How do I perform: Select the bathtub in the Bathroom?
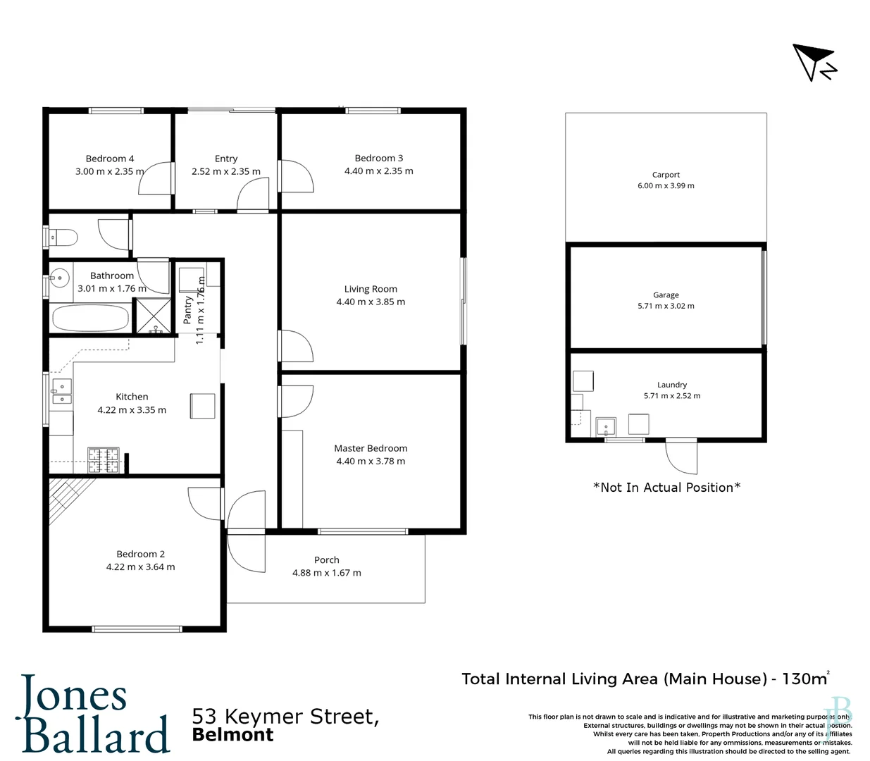coord(89,318)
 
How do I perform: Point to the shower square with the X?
coord(152,316)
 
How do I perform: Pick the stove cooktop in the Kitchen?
coord(103,460)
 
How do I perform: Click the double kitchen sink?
coord(62,392)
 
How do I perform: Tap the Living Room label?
coord(371,289)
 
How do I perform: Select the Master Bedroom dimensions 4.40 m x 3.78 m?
coord(371,462)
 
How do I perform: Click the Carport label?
coord(666,175)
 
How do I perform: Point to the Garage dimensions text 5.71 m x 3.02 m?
coord(666,306)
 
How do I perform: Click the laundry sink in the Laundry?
coord(606,426)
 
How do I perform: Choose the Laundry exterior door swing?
coord(681,458)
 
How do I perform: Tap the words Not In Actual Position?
coord(666,488)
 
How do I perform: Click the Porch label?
coord(326,560)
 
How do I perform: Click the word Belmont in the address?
coord(232,735)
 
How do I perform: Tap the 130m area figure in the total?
coord(804,679)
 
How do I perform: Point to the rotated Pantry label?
coord(188,310)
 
